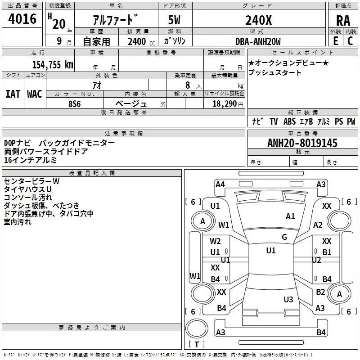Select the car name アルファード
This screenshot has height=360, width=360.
pyautogui.click(x=115, y=20)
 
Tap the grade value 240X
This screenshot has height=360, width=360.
pyautogui.click(x=258, y=20)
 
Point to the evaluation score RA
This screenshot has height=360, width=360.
pyautogui.click(x=343, y=20)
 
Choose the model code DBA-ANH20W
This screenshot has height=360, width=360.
pyautogui.click(x=258, y=41)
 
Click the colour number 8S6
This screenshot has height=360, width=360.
pyautogui.click(x=74, y=103)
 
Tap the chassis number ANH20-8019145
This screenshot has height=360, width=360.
pyautogui.click(x=302, y=143)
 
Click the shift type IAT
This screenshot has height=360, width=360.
pyautogui.click(x=13, y=94)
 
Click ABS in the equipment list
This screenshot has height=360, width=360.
pyautogui.click(x=289, y=121)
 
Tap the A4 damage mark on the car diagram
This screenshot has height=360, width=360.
pyautogui.click(x=220, y=184)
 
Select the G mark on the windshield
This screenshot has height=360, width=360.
pyautogui.click(x=284, y=237)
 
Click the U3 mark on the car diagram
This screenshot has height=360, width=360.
pyautogui.click(x=288, y=300)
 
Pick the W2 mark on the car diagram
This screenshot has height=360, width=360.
pyautogui.click(x=216, y=241)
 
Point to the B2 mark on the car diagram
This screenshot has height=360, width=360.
pyautogui.click(x=320, y=292)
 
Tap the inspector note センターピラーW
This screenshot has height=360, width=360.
pyautogui.click(x=31, y=181)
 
